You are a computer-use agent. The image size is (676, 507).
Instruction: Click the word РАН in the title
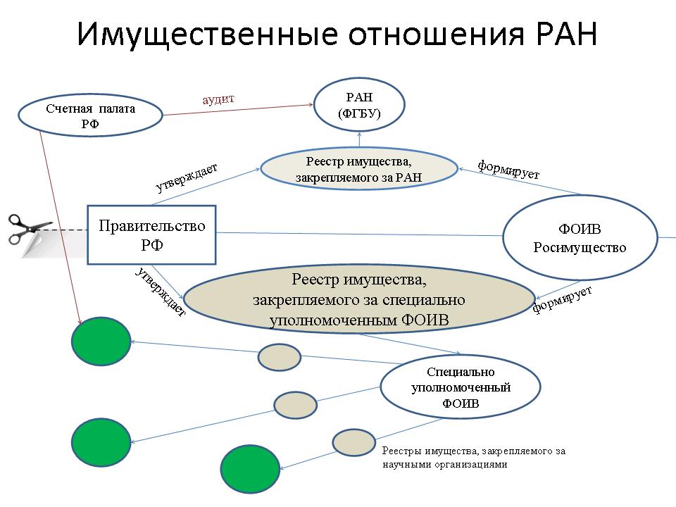click(567, 33)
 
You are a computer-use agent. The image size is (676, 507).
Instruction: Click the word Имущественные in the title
click(207, 35)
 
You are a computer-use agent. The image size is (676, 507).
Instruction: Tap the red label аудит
click(218, 99)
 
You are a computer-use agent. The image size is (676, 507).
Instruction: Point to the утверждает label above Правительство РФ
click(186, 177)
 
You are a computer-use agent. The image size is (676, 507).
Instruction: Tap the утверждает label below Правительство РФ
click(161, 292)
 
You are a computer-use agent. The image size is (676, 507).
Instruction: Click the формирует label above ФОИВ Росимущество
click(508, 169)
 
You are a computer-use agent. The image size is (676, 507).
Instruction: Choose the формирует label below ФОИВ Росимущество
click(562, 299)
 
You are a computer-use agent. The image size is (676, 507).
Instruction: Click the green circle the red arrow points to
click(101, 341)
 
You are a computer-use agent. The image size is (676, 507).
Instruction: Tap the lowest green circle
click(250, 469)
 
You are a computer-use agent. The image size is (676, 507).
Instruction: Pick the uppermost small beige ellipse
click(280, 358)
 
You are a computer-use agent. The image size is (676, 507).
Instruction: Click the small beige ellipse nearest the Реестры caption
click(354, 442)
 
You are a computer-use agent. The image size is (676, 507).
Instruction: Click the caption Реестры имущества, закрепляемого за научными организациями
click(474, 458)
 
